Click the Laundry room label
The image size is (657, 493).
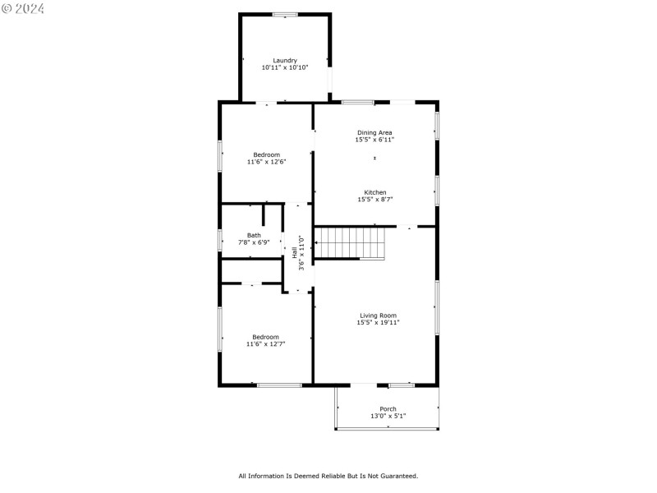285,60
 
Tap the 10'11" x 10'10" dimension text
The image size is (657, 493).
285,67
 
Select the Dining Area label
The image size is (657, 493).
374,132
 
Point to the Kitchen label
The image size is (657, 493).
374,192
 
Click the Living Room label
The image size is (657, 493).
378,316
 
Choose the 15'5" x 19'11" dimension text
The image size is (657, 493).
378,323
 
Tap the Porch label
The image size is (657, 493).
388,408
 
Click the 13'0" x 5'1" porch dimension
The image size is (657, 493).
388,416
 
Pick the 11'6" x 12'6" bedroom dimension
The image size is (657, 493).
266,162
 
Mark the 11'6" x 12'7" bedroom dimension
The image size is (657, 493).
266,344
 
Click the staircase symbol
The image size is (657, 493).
351,244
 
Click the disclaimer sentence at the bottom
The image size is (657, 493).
328,476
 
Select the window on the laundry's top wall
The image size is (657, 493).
285,14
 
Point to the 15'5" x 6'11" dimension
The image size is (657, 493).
374,140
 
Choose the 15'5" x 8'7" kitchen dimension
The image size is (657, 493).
374,200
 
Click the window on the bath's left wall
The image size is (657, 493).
220,240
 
